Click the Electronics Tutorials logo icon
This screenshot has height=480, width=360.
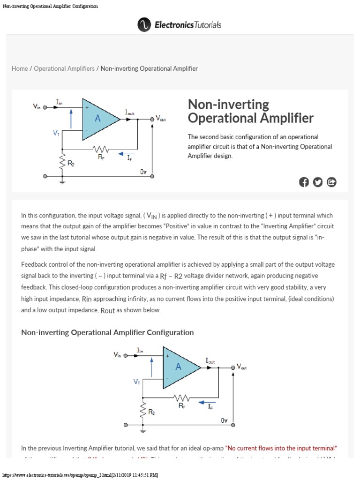pos(144,25)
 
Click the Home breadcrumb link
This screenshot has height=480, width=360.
pos(20,68)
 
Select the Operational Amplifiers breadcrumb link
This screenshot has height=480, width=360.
pos(64,68)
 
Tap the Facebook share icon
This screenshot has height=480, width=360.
pos(304,182)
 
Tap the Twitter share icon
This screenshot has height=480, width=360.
pos(318,182)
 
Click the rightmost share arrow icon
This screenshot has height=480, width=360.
pos(331,182)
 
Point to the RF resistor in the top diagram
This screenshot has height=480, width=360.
pos(101,150)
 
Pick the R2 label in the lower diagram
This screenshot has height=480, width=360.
pos(151,412)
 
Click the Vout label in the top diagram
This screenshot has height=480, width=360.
pos(160,119)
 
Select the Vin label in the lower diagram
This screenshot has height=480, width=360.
pos(117,355)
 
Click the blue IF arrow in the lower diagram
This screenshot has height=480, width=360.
pos(207,402)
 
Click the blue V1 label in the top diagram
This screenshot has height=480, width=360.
pos(56,134)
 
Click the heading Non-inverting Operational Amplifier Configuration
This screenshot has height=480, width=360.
pos(107,332)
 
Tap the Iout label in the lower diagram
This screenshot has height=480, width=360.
pos(210,360)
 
